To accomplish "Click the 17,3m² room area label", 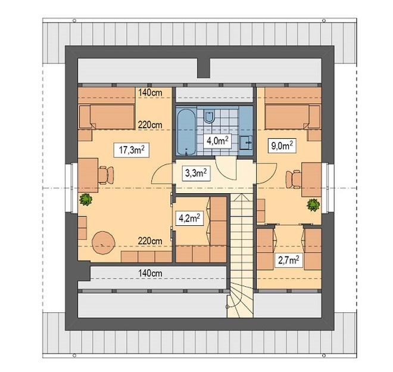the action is [x=132, y=150].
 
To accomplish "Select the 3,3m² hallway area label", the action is [x=196, y=173].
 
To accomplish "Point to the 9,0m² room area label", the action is [x=282, y=145].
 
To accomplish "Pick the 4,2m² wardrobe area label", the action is [x=189, y=218].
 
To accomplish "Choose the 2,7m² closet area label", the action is [x=289, y=260].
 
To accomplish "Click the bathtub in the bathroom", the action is [x=186, y=132].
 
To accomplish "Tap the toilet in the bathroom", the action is [x=208, y=116].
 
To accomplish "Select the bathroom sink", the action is [x=245, y=142].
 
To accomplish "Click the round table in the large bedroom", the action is [x=104, y=243].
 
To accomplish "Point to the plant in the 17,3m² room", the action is [x=86, y=200].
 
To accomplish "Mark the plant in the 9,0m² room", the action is [x=313, y=204].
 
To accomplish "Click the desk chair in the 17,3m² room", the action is [x=106, y=175].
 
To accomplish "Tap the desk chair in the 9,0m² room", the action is [x=293, y=179].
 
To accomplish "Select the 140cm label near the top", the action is [x=150, y=92].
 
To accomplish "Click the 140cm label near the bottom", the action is [x=150, y=273].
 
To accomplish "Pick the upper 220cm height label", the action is [x=150, y=125].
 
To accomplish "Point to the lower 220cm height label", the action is [x=150, y=241].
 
